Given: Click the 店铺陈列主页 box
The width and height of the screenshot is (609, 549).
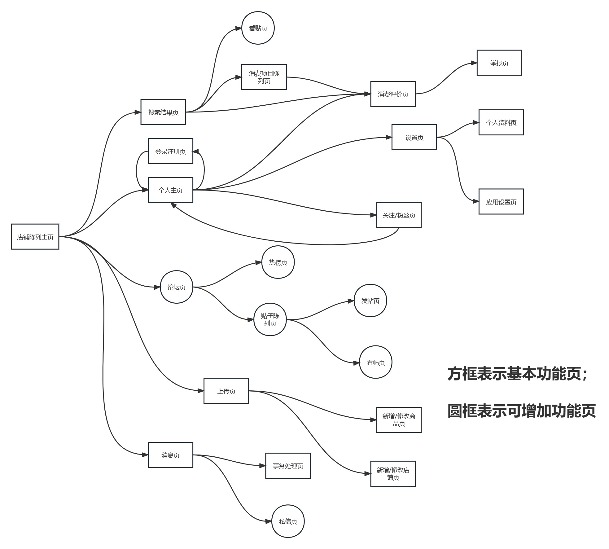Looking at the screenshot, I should (x=35, y=237).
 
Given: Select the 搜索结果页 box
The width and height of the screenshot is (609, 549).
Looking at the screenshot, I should (x=163, y=112).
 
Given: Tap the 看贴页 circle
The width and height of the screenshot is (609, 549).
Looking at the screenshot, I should (x=258, y=28).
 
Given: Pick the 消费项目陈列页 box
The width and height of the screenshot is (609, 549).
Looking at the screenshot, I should (x=264, y=77).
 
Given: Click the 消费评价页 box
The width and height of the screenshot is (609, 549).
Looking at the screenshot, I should (x=393, y=94).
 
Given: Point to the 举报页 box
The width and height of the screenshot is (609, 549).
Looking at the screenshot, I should (x=499, y=63).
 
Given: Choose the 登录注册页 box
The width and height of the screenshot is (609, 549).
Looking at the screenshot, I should (x=170, y=151).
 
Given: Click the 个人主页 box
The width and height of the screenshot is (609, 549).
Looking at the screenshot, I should (x=170, y=190).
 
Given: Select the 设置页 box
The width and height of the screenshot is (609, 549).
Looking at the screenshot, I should (x=414, y=138).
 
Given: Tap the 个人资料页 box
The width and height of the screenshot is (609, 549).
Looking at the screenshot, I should (x=501, y=122).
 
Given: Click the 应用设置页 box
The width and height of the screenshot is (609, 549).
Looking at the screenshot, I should (x=501, y=202).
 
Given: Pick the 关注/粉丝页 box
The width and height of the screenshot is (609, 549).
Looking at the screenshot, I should (x=399, y=215).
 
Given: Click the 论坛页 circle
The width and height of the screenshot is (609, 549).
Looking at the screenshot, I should (x=177, y=287).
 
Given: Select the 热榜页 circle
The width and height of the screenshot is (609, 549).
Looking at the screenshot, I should (x=278, y=262).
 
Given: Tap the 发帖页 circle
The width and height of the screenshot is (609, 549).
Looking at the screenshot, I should (x=370, y=301).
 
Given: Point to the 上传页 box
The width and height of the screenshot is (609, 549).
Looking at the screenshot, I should (x=226, y=391).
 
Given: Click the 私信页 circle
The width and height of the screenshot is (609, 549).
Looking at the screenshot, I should (x=288, y=521).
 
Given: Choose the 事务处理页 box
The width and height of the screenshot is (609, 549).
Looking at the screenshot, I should (x=288, y=466).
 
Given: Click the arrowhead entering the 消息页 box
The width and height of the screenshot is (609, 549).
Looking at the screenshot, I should (x=145, y=455).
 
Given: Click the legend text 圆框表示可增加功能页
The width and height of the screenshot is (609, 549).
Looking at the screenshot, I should (x=522, y=411).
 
